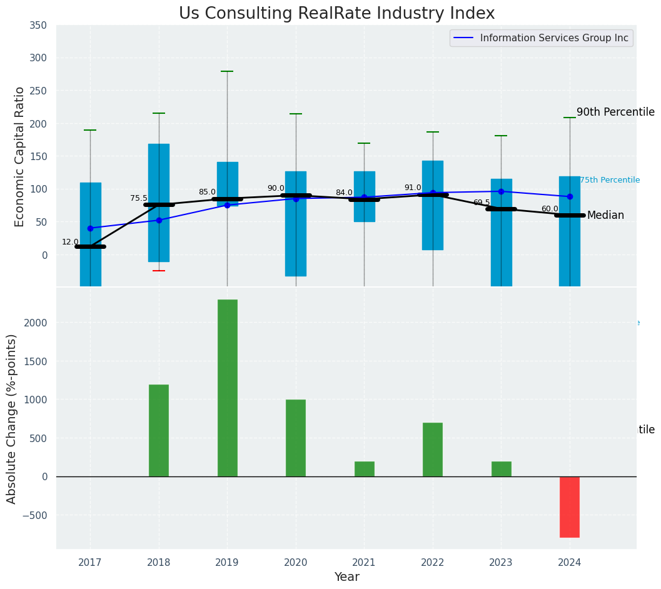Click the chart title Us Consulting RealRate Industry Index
[336, 14]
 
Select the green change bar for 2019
[227, 388]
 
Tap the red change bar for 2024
[569, 506]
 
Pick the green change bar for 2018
[159, 430]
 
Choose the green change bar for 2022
[433, 450]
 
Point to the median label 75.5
[139, 198]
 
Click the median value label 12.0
[70, 242]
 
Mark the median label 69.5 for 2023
[482, 203]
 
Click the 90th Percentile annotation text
[615, 113]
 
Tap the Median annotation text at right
[605, 215]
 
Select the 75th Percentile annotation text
[610, 180]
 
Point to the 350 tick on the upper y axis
[38, 26]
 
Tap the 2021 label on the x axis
[364, 563]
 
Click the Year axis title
[346, 577]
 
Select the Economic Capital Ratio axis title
[20, 156]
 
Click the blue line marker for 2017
[90, 228]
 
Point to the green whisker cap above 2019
[227, 71]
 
